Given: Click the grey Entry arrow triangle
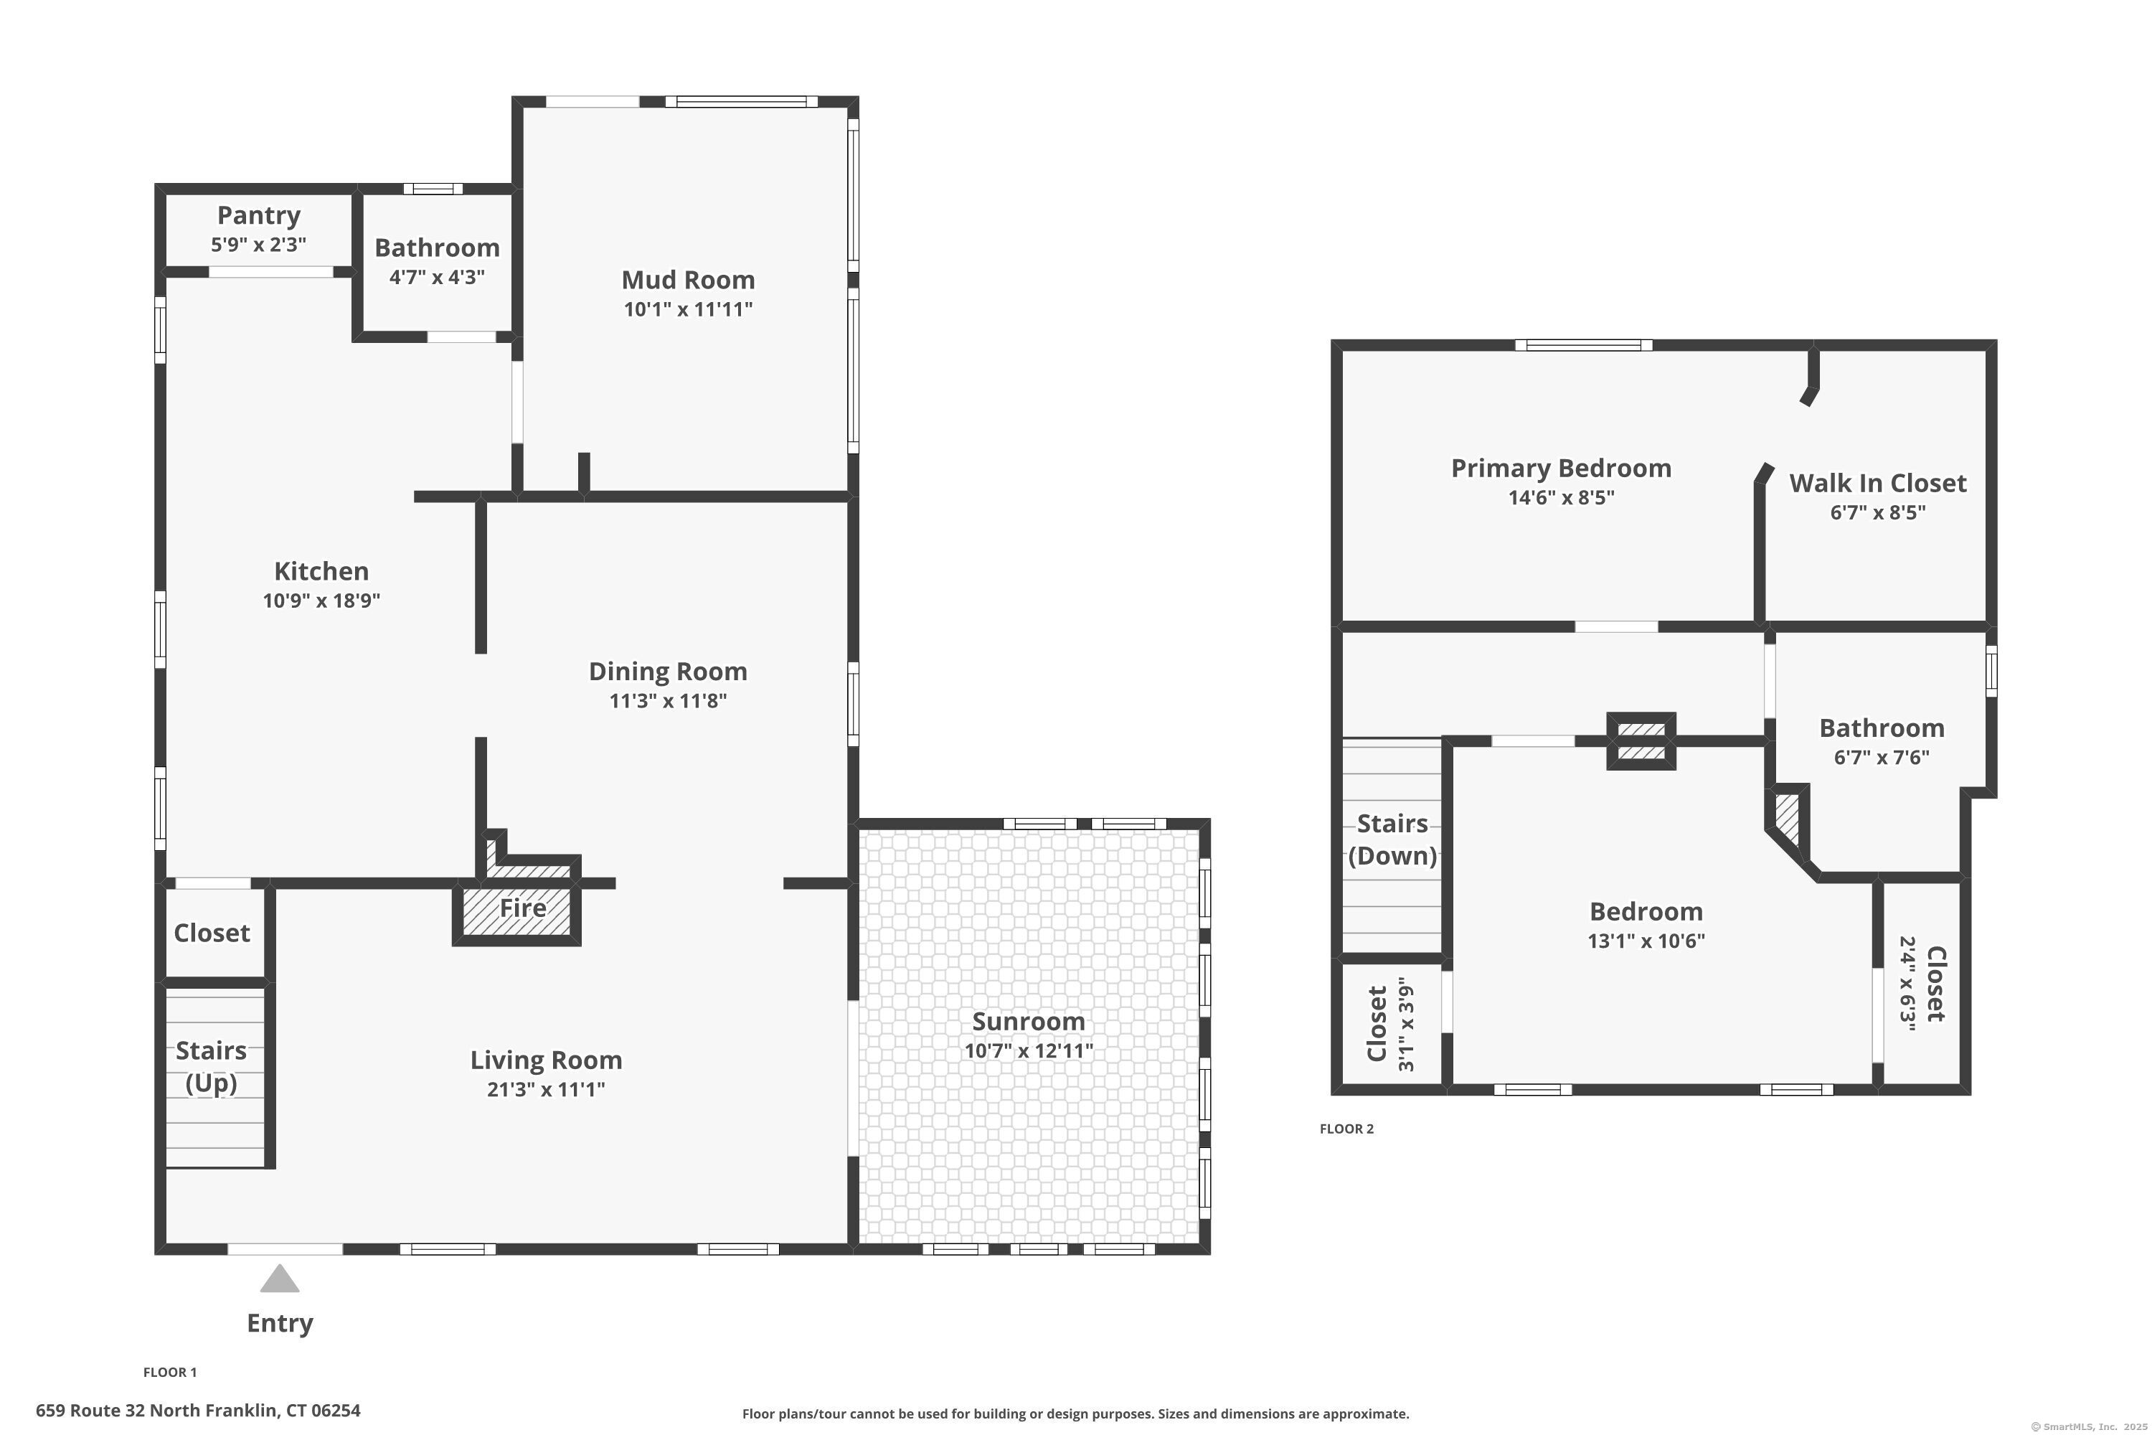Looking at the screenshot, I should (279, 1279).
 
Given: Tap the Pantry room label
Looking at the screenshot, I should (258, 215).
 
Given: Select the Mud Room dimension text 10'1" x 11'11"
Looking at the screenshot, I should (688, 309).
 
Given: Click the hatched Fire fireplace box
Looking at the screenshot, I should (518, 911).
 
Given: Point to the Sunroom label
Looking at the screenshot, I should (1029, 1021).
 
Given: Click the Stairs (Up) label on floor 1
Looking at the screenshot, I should (212, 1066).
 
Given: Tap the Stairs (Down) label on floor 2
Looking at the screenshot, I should (1392, 839).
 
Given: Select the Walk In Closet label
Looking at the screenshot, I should (1877, 483).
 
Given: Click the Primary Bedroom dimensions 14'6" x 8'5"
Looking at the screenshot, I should (1561, 498).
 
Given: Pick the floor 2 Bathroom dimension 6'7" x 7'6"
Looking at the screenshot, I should (1881, 758).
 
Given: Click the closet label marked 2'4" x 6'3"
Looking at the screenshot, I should (1935, 984).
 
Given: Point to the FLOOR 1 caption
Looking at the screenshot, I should (170, 1372).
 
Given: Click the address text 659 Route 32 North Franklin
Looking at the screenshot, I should (198, 1411).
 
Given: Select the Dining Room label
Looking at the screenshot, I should (668, 672).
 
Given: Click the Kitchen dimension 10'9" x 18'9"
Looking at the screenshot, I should (321, 601).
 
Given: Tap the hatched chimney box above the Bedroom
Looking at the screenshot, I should (1641, 741).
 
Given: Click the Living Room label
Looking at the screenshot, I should (546, 1060).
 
